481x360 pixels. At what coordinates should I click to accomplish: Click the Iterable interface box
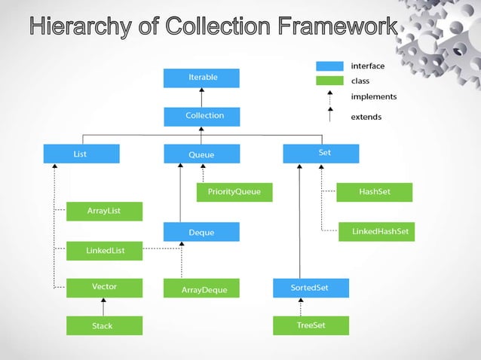[201, 78]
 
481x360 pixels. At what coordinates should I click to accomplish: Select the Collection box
[201, 116]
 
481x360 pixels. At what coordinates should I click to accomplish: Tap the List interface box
[81, 154]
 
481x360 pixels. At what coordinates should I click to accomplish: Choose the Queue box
[201, 154]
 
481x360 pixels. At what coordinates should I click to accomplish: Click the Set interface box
[321, 154]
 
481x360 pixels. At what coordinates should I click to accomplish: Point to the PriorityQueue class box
[234, 192]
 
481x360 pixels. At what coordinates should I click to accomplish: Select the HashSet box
[375, 192]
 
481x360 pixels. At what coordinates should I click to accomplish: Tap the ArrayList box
[104, 211]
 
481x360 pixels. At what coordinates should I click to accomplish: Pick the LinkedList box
[104, 250]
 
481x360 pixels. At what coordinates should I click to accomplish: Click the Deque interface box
[201, 232]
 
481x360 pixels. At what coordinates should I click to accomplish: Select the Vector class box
[104, 287]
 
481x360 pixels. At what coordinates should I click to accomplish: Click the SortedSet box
[310, 288]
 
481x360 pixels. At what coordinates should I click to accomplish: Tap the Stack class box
[104, 325]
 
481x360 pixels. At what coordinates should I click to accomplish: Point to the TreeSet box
[311, 325]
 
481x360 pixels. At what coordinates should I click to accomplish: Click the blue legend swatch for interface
[329, 66]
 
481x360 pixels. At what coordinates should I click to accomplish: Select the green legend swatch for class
[329, 81]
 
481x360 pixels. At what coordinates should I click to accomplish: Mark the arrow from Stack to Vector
[104, 307]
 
